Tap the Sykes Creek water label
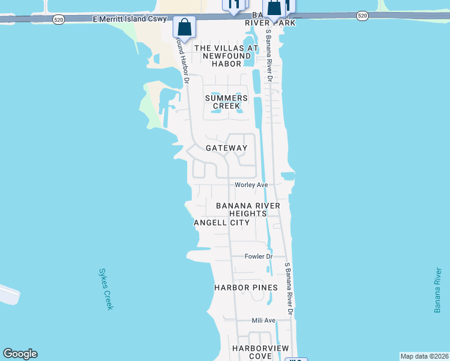tap(105, 289)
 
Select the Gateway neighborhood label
tap(226, 148)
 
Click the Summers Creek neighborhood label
tap(226, 102)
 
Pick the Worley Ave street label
tap(251, 185)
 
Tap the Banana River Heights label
tap(248, 209)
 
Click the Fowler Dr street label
tap(259, 256)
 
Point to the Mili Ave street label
tap(264, 321)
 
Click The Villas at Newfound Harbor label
tap(226, 55)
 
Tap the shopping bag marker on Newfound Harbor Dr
tap(183, 27)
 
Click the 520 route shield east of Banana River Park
tap(362, 16)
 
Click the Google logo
tap(20, 354)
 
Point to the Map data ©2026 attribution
tap(424, 356)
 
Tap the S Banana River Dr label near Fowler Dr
tap(288, 289)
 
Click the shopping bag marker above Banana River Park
tap(274, 8)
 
